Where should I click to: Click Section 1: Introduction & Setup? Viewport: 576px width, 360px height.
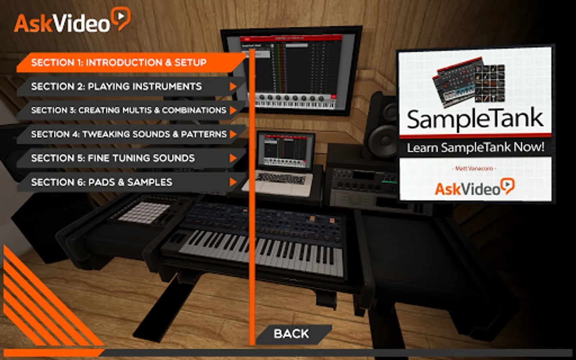tap(119, 63)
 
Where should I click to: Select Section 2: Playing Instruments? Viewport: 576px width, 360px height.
tap(117, 86)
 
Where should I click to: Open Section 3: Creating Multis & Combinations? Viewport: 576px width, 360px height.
tap(129, 110)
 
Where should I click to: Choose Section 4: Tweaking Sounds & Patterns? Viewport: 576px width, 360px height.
tap(129, 134)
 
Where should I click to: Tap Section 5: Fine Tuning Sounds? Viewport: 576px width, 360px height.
tap(113, 158)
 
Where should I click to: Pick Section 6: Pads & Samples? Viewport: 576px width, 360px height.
tap(102, 182)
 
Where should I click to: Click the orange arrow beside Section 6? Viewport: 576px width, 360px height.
tap(233, 182)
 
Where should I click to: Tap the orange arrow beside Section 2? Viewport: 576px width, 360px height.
tap(233, 86)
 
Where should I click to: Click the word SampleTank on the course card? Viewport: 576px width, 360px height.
tap(475, 119)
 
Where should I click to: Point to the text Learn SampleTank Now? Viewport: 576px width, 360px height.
tap(475, 148)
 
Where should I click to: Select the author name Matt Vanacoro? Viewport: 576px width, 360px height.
tap(474, 168)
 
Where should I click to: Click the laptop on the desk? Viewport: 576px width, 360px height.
tap(283, 164)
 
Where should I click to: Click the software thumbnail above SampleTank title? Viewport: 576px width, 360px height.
tap(469, 82)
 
